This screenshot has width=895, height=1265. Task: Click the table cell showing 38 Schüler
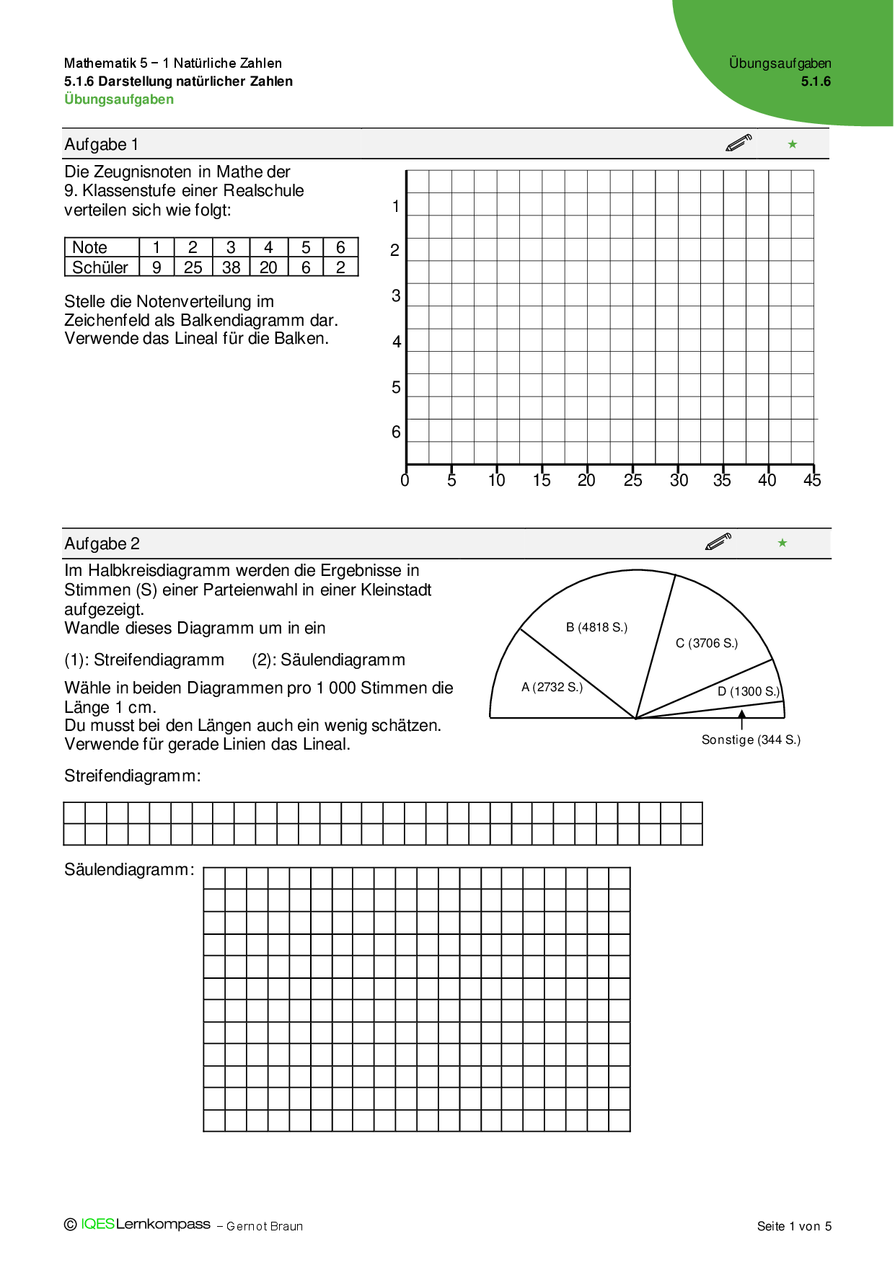click(x=231, y=267)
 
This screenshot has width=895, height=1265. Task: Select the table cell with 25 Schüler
click(x=193, y=267)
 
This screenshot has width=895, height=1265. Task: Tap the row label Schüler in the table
click(x=100, y=267)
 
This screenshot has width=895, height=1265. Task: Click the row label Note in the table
click(x=89, y=248)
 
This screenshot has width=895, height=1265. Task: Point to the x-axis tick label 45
click(x=812, y=481)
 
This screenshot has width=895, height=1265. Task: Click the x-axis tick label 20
click(x=586, y=481)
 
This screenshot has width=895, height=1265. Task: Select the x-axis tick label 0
click(x=405, y=481)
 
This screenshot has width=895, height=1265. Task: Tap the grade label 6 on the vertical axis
click(x=396, y=432)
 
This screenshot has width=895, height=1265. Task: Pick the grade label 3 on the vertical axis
click(x=396, y=296)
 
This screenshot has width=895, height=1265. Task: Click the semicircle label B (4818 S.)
click(x=596, y=628)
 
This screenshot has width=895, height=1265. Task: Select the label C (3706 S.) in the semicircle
click(x=707, y=644)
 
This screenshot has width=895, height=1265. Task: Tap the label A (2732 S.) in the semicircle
click(x=552, y=688)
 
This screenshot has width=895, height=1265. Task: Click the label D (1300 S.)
click(x=749, y=692)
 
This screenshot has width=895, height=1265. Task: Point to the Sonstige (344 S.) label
click(x=751, y=740)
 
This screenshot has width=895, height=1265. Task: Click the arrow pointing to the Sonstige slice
click(x=741, y=719)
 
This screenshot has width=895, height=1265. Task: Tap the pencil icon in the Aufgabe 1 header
click(x=739, y=143)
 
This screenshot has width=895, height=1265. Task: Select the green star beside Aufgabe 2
click(x=782, y=543)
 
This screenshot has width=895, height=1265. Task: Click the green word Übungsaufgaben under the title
click(x=119, y=99)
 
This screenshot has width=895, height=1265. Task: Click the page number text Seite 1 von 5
click(x=794, y=1226)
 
